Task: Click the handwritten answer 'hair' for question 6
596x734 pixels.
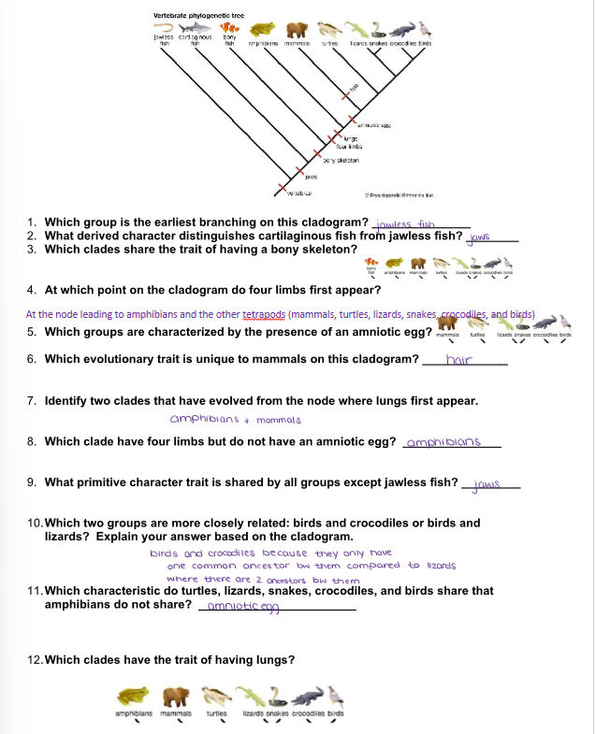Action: pyautogui.click(x=458, y=359)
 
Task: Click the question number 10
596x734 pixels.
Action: pyautogui.click(x=36, y=523)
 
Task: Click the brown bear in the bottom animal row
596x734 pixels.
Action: pyautogui.click(x=176, y=697)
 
